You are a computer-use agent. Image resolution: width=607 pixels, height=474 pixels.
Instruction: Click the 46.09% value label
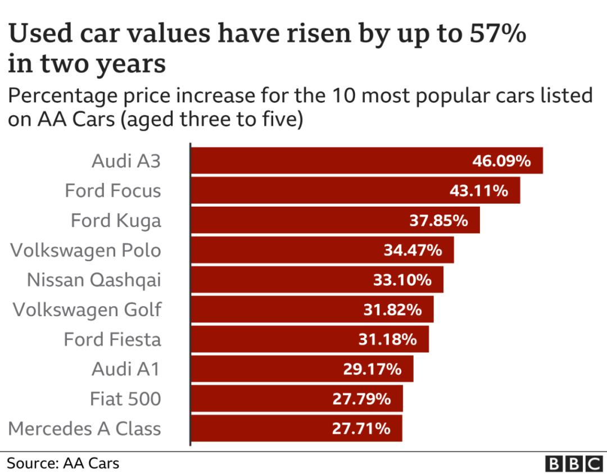(x=501, y=161)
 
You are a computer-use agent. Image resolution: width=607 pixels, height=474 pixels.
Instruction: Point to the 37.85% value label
(x=438, y=221)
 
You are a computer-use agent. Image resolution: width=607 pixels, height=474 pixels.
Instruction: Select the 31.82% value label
(x=392, y=309)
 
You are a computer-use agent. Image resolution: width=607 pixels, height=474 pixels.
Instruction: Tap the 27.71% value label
(x=361, y=429)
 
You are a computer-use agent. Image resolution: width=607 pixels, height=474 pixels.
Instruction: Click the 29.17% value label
(x=372, y=369)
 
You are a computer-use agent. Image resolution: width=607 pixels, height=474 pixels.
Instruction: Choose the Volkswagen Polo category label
(x=85, y=250)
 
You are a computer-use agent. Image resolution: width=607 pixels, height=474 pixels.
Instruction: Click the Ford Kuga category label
(x=116, y=220)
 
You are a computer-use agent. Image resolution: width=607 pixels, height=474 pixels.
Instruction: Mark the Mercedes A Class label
(x=84, y=429)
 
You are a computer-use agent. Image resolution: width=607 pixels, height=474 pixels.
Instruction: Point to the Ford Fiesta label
(x=112, y=339)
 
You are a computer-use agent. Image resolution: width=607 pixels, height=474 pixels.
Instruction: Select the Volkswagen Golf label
(x=87, y=309)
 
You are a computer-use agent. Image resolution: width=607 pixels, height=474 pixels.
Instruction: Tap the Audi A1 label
(x=126, y=369)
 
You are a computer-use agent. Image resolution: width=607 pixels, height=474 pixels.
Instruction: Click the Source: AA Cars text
(x=63, y=463)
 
